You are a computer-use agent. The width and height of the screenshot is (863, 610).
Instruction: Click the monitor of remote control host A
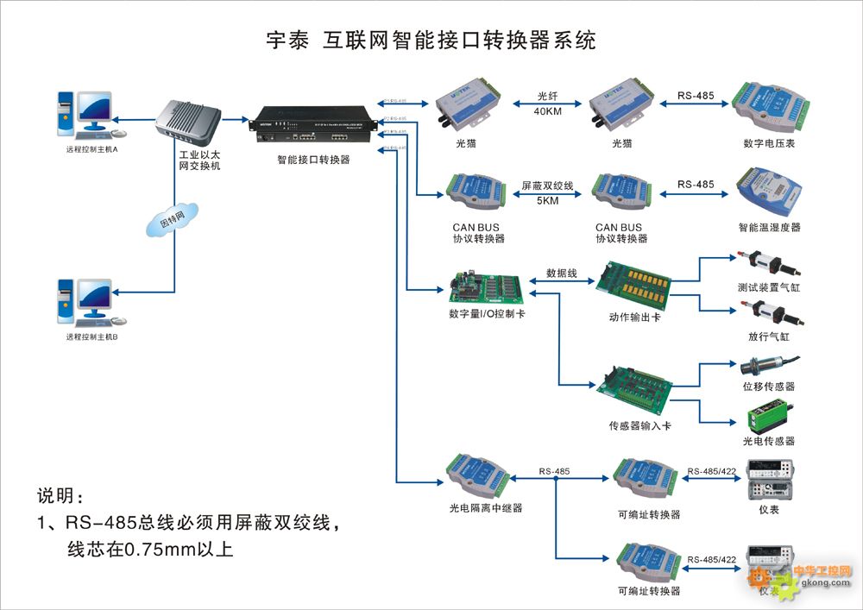(x=94, y=108)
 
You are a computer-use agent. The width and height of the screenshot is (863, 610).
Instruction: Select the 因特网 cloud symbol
(x=173, y=221)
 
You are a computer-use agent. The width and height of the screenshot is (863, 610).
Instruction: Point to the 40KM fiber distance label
(x=547, y=112)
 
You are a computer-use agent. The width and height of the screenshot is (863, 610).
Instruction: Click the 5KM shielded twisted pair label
(x=547, y=200)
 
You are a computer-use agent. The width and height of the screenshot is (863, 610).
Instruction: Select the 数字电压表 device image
(x=767, y=106)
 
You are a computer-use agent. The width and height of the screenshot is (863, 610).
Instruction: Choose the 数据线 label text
(x=561, y=273)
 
